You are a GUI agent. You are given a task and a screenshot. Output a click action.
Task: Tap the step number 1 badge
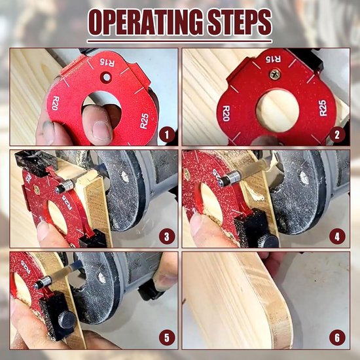click(167, 135)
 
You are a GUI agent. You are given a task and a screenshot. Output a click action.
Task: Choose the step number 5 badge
click(167, 338)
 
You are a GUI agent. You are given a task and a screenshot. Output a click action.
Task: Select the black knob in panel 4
click(265, 240)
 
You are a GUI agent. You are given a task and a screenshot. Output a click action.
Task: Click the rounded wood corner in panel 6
click(278, 327)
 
